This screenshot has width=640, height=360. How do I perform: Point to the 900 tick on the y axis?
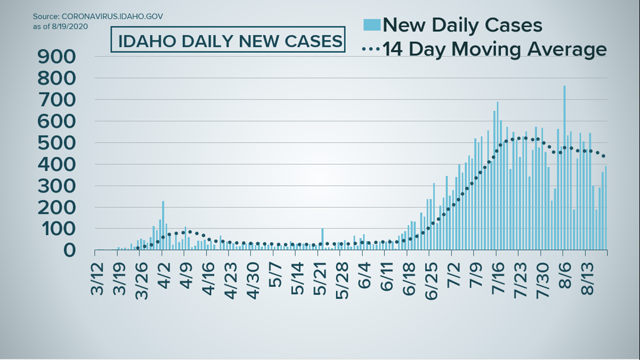57,56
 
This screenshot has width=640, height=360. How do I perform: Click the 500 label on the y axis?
57,143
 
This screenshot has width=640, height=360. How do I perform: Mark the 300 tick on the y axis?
57,186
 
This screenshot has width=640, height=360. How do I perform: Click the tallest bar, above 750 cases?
564,168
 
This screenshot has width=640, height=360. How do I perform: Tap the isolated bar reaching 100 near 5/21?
322,239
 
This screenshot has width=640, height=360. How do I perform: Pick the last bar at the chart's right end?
606,208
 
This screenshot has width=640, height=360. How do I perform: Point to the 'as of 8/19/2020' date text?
60,26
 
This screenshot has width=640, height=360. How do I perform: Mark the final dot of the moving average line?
603,156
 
